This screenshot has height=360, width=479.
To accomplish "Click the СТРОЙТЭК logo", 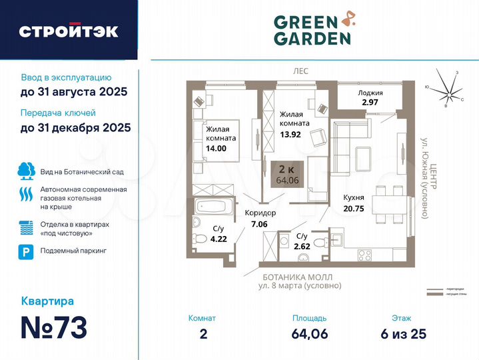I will tap(69, 31).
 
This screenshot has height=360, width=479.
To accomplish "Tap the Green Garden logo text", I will tap(312, 30).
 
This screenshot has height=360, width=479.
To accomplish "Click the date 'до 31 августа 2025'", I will tap(73, 91).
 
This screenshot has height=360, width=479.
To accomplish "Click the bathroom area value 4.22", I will tap(219, 238).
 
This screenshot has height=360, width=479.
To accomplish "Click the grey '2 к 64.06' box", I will tap(288, 172).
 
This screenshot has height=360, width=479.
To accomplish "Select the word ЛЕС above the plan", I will tap(300, 70).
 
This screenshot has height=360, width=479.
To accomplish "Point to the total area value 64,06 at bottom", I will tap(309, 334).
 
